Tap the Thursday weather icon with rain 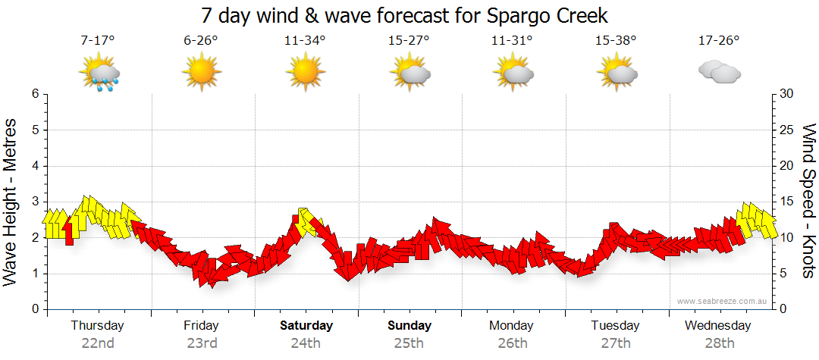[99, 74]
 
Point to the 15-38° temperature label [615, 40]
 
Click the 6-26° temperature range [201, 40]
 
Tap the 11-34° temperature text [305, 40]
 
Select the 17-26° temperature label [718, 40]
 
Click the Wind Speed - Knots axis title [807, 201]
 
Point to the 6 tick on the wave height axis [34, 94]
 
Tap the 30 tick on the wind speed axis [788, 94]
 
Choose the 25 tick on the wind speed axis [788, 130]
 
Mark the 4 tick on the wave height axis [34, 166]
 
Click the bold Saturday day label [306, 326]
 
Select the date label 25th [408, 343]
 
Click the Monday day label [511, 326]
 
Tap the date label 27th [615, 343]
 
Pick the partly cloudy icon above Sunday [409, 74]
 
